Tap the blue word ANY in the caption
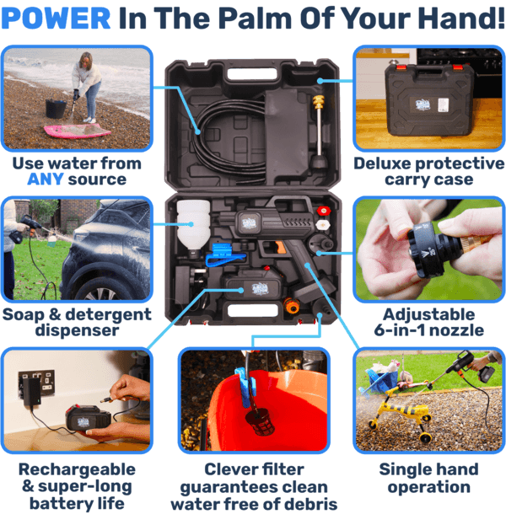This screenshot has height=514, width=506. tap(46, 179)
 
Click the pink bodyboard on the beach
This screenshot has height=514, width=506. tap(78, 131)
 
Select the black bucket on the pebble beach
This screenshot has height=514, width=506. tap(56, 108)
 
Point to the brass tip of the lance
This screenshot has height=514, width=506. tap(318, 102)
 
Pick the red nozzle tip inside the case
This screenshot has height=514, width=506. tap(324, 211)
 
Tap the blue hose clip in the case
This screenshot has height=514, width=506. tap(223, 254)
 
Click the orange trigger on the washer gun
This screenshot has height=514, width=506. tap(281, 247)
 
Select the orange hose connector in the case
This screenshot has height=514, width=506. tap(292, 305)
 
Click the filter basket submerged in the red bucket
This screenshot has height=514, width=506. tap(260, 422)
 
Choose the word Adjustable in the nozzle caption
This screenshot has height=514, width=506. tap(428, 314)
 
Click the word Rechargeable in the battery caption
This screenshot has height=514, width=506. tap(77, 469)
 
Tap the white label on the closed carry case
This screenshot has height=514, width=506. tap(444, 104)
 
